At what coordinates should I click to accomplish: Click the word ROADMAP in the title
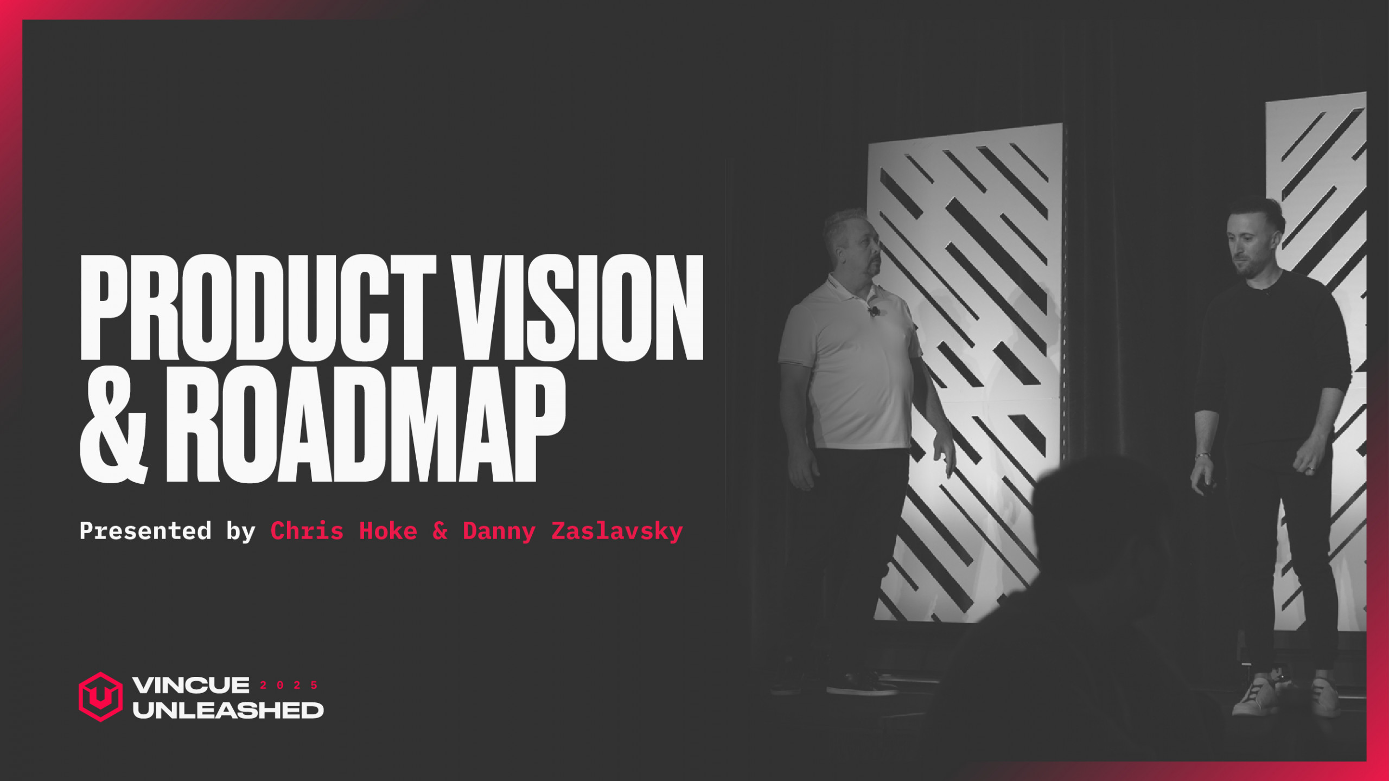pyautogui.click(x=366, y=426)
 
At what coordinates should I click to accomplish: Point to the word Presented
pyautogui.click(x=145, y=530)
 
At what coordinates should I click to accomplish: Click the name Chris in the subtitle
pyautogui.click(x=307, y=530)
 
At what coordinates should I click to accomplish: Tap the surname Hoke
pyautogui.click(x=388, y=530)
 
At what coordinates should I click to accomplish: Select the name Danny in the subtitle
pyautogui.click(x=499, y=530)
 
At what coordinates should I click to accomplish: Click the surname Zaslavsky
pyautogui.click(x=617, y=530)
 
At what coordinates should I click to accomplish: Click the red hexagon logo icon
pyautogui.click(x=100, y=696)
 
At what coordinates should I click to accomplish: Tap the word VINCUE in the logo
pyautogui.click(x=190, y=685)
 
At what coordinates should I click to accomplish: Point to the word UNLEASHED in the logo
pyautogui.click(x=228, y=710)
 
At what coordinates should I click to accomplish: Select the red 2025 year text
pyautogui.click(x=289, y=685)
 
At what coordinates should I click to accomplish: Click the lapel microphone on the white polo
pyautogui.click(x=874, y=311)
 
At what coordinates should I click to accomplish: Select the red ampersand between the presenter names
pyautogui.click(x=440, y=530)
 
